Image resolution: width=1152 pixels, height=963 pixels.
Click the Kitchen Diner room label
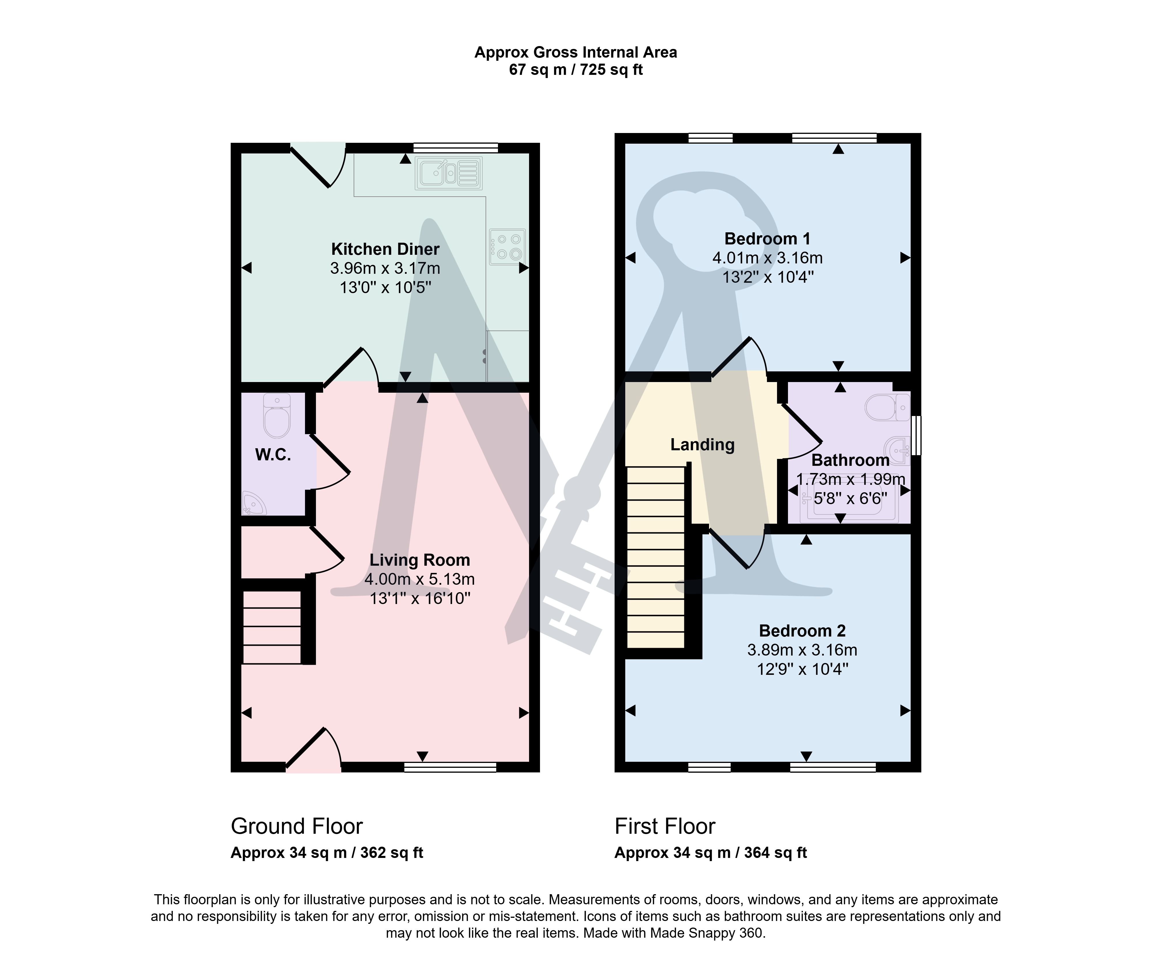click(x=385, y=249)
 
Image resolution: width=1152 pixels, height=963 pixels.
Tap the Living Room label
click(x=420, y=560)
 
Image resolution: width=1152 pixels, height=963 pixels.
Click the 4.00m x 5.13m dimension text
click(x=420, y=579)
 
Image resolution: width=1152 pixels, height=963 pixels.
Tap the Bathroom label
click(x=850, y=460)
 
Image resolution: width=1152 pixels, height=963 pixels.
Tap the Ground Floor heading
click(x=297, y=826)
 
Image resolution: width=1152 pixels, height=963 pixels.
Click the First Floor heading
click(x=665, y=826)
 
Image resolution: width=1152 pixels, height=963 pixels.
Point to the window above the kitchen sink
click(x=455, y=147)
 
